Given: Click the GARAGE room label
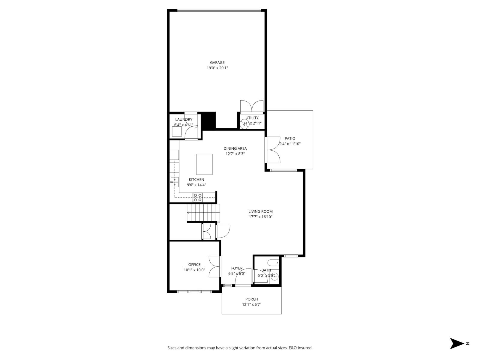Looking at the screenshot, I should click(217, 63).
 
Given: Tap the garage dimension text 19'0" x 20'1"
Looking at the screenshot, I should click(217, 68).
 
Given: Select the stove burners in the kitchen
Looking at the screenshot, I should click(197, 197).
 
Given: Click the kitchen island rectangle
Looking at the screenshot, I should click(204, 164).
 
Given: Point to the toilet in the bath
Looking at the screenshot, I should click(274, 263).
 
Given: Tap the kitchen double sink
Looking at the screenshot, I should click(175, 182).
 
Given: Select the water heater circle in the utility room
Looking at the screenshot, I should click(245, 124).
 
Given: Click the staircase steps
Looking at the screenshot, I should click(203, 212).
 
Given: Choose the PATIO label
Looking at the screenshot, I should click(290, 139).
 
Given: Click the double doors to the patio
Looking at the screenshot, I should click(273, 150).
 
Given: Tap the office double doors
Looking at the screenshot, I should click(214, 266).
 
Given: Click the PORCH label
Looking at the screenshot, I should click(251, 299).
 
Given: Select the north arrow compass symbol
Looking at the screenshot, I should click(457, 343).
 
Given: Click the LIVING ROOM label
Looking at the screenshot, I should click(260, 211).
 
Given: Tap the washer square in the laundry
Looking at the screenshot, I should click(177, 131).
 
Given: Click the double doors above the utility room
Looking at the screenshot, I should click(252, 106).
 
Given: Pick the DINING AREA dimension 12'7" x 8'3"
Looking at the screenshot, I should click(235, 154).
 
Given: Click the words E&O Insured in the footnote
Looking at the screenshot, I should click(301, 348).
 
